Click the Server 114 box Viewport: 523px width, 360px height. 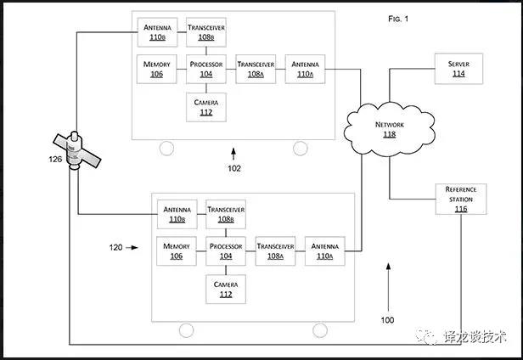(458, 69)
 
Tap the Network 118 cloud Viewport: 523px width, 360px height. (390, 128)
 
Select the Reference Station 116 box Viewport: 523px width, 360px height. (459, 199)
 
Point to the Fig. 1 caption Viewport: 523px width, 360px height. (399, 18)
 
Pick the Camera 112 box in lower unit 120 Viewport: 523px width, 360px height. (226, 290)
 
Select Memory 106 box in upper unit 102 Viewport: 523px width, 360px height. (157, 69)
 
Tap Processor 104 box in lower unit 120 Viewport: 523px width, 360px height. (226, 250)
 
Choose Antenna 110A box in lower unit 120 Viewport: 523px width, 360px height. (325, 250)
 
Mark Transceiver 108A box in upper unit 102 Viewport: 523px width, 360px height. (256, 69)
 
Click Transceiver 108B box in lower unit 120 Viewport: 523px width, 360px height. (226, 213)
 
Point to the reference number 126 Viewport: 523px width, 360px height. (54, 160)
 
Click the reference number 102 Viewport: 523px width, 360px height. (233, 168)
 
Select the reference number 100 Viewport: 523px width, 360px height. (387, 320)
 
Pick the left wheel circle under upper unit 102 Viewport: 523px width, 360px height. (166, 149)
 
